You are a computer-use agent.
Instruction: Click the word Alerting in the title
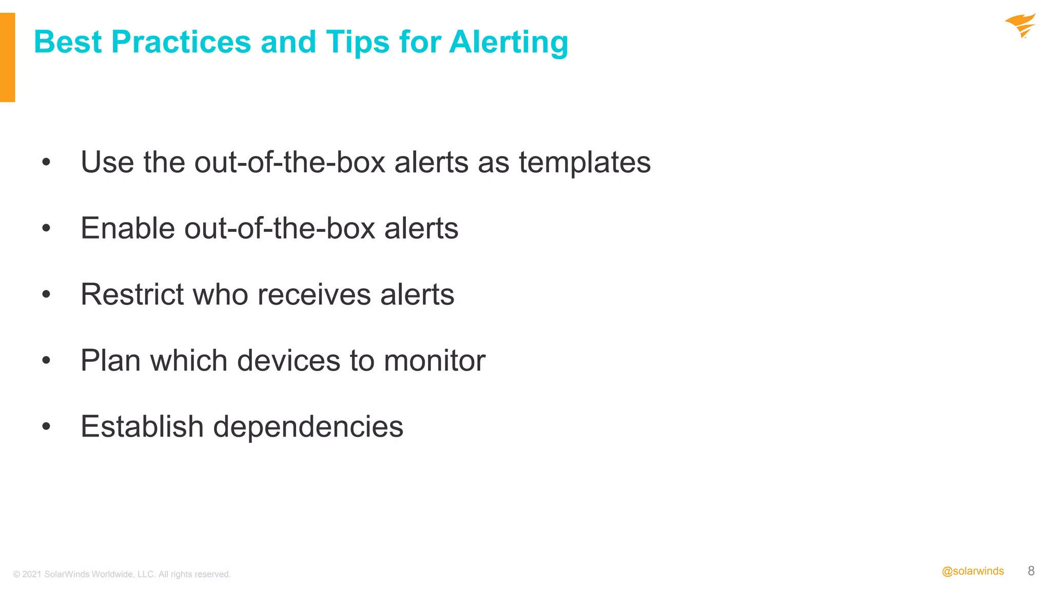pos(509,42)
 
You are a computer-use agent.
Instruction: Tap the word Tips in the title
pos(357,42)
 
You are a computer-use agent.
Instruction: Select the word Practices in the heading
pos(181,42)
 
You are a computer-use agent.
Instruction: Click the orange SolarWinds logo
pos(1020,26)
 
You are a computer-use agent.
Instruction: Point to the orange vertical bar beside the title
pos(7,57)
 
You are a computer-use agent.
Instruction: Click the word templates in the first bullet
pos(585,163)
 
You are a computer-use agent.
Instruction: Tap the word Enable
pos(128,228)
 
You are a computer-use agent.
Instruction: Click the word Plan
pos(110,361)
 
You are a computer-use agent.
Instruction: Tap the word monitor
pos(434,361)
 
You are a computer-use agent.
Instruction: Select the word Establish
pos(142,427)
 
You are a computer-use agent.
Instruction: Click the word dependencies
pos(308,427)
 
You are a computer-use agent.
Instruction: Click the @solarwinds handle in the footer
pos(972,571)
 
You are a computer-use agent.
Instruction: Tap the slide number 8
pos(1031,571)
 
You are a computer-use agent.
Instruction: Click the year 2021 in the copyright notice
pos(32,574)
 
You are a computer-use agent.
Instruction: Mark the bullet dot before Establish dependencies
pos(46,426)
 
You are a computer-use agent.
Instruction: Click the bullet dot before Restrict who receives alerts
pos(46,294)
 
